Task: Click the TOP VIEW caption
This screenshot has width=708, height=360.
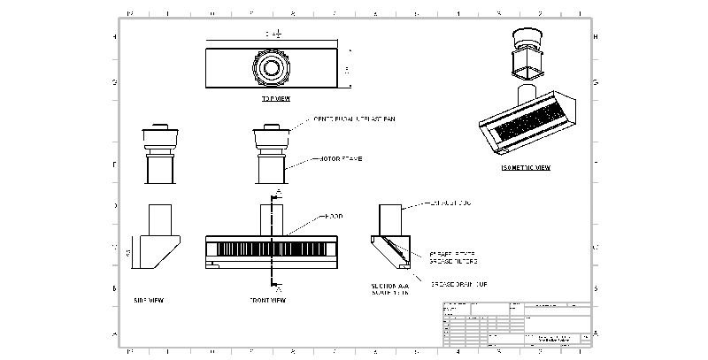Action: [x=275, y=98]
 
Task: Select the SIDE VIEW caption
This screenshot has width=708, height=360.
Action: [x=148, y=300]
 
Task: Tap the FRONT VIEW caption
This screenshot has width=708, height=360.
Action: [x=267, y=300]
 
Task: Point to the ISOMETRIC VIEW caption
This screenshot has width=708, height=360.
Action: [x=527, y=167]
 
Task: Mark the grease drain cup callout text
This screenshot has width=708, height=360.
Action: [x=460, y=284]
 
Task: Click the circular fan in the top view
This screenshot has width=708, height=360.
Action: [x=269, y=67]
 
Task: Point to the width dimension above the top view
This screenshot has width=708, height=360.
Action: [x=273, y=34]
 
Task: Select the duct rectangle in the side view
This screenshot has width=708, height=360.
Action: [x=158, y=220]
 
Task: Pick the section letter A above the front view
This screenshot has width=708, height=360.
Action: [x=280, y=191]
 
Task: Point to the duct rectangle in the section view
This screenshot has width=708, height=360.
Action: [x=390, y=220]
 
